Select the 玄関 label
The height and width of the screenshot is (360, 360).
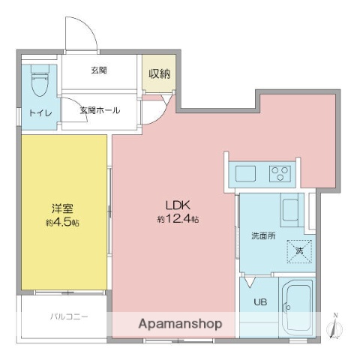pos(99,70)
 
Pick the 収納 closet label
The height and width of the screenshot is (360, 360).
pos(159,73)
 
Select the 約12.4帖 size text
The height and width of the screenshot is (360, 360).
pos(178,219)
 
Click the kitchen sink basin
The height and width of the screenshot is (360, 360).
pos(246,174)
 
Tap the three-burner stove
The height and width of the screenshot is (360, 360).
pos(281,174)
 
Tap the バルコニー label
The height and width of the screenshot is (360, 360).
pos(70,316)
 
